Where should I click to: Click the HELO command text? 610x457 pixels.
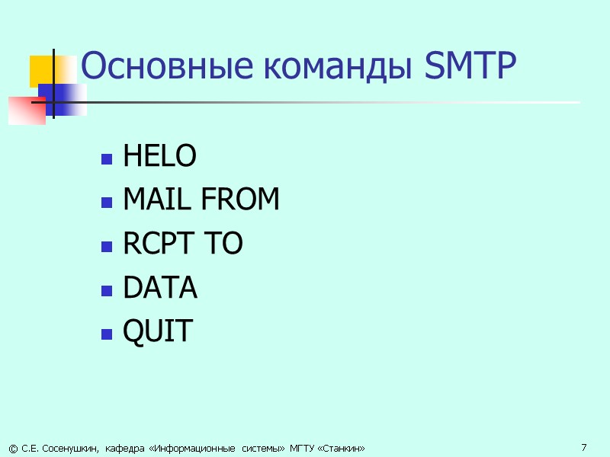159,157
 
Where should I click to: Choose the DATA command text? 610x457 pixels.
160,288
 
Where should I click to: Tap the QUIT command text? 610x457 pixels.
158,331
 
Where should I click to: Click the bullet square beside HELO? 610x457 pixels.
106,159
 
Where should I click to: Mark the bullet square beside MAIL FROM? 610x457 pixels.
106,203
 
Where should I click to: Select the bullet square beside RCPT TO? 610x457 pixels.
106,246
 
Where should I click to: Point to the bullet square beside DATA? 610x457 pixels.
106,290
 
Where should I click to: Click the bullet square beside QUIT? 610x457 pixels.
106,334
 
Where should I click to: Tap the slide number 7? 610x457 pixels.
583,446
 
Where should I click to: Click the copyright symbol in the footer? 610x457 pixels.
13,448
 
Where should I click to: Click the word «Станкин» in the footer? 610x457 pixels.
342,448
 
